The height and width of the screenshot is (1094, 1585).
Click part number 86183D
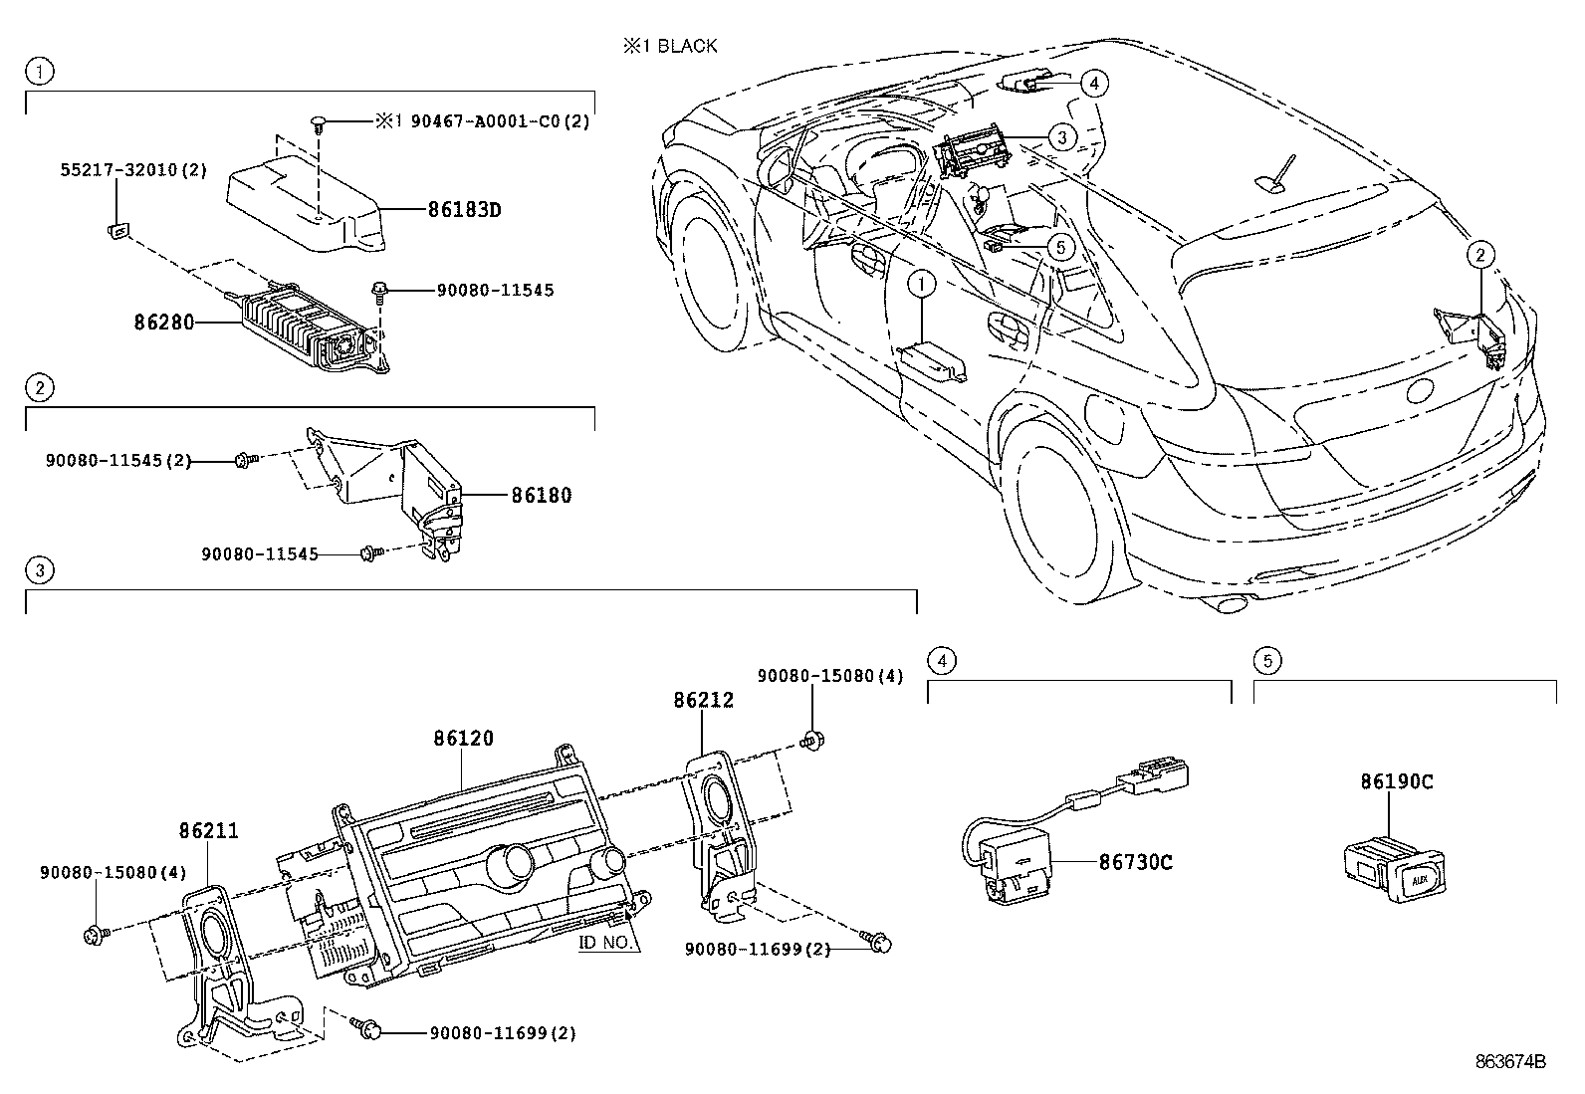click(464, 210)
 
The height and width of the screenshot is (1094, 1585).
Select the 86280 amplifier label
click(163, 323)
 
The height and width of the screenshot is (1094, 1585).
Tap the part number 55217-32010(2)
click(130, 170)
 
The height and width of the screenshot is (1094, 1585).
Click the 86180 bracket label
click(542, 495)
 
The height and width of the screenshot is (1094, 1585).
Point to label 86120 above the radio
click(463, 739)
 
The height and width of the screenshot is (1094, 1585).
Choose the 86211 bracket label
click(209, 829)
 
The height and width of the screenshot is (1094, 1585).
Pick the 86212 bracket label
click(703, 700)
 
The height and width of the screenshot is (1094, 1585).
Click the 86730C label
click(1136, 862)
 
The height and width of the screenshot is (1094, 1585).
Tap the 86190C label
click(1397, 781)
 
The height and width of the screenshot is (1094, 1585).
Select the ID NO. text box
click(606, 942)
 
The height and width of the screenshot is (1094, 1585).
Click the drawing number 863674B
click(1510, 1062)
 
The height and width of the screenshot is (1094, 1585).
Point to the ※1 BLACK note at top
click(670, 46)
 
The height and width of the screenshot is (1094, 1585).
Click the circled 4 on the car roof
click(1093, 84)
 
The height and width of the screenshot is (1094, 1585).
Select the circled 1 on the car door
click(922, 286)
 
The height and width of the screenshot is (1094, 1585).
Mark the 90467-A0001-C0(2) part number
click(482, 121)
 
